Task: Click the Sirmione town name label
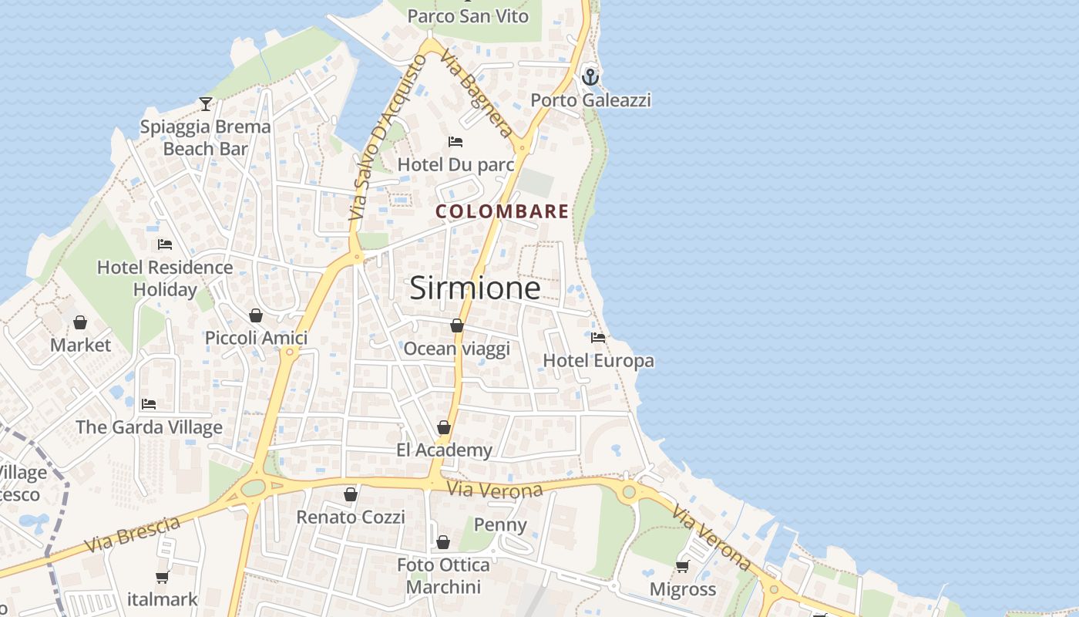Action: (475, 288)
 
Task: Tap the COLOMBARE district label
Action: (502, 211)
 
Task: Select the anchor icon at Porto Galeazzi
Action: (590, 77)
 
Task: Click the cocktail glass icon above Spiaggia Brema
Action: (206, 103)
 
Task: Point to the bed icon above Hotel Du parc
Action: (455, 142)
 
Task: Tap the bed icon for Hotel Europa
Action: (598, 338)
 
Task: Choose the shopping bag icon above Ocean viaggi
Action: (457, 325)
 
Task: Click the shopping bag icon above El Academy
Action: (444, 427)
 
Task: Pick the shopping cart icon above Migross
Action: (682, 567)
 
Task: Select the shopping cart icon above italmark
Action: (163, 577)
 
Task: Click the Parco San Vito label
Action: (468, 16)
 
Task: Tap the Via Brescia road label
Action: (133, 534)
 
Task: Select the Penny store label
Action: (500, 525)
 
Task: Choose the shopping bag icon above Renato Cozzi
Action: (351, 494)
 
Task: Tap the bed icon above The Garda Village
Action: (149, 404)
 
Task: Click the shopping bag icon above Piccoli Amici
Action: (256, 315)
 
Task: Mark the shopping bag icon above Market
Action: (80, 322)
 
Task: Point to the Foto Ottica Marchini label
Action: (443, 575)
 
